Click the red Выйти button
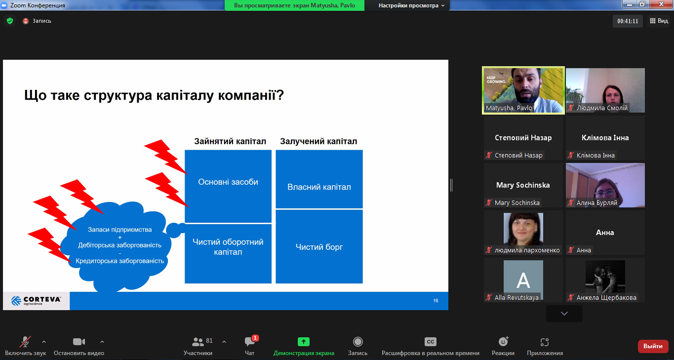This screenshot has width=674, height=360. pyautogui.click(x=653, y=346)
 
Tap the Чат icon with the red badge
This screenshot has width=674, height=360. pyautogui.click(x=250, y=341)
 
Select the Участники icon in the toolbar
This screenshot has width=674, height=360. pyautogui.click(x=198, y=342)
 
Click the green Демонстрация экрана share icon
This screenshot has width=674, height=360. pyautogui.click(x=304, y=342)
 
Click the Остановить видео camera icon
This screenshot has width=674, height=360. pyautogui.click(x=79, y=342)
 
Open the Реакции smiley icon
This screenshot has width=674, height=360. pyautogui.click(x=503, y=342)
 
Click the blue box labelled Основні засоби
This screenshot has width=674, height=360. pyautogui.click(x=228, y=186)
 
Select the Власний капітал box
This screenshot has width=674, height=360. pyautogui.click(x=319, y=179)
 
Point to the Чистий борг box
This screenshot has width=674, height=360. pyautogui.click(x=319, y=246)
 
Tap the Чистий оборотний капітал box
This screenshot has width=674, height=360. pyautogui.click(x=228, y=254)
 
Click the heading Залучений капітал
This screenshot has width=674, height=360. pyautogui.click(x=318, y=141)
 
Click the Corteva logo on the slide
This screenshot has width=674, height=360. pyautogui.click(x=36, y=301)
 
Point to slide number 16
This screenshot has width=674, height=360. pyautogui.click(x=436, y=300)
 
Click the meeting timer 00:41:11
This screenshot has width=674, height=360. pyautogui.click(x=628, y=21)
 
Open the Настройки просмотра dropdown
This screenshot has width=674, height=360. pyautogui.click(x=411, y=5)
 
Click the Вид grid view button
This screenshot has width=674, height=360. pyautogui.click(x=659, y=21)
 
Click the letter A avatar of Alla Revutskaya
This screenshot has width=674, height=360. pyautogui.click(x=523, y=280)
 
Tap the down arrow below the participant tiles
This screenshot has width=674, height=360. pyautogui.click(x=564, y=314)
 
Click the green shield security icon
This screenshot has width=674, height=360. pyautogui.click(x=10, y=21)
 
